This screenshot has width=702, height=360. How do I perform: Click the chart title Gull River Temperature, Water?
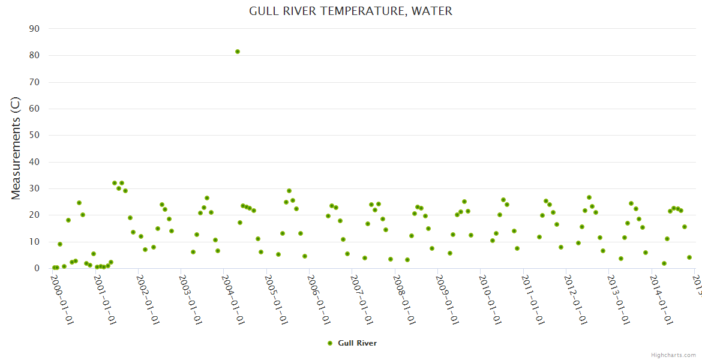350,11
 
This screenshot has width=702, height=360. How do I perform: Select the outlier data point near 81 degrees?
238,52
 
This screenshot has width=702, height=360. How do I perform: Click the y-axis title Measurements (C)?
16,148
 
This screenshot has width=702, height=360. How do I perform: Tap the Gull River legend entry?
357,343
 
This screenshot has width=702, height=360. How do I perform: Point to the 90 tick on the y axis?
34,29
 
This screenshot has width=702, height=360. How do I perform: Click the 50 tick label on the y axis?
34,135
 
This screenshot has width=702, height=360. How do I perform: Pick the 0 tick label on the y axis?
37,268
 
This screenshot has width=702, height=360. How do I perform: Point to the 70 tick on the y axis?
34,82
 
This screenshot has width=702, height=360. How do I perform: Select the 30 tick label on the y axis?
34,188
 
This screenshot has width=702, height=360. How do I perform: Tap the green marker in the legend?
329,343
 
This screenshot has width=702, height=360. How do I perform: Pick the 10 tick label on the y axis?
34,242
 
